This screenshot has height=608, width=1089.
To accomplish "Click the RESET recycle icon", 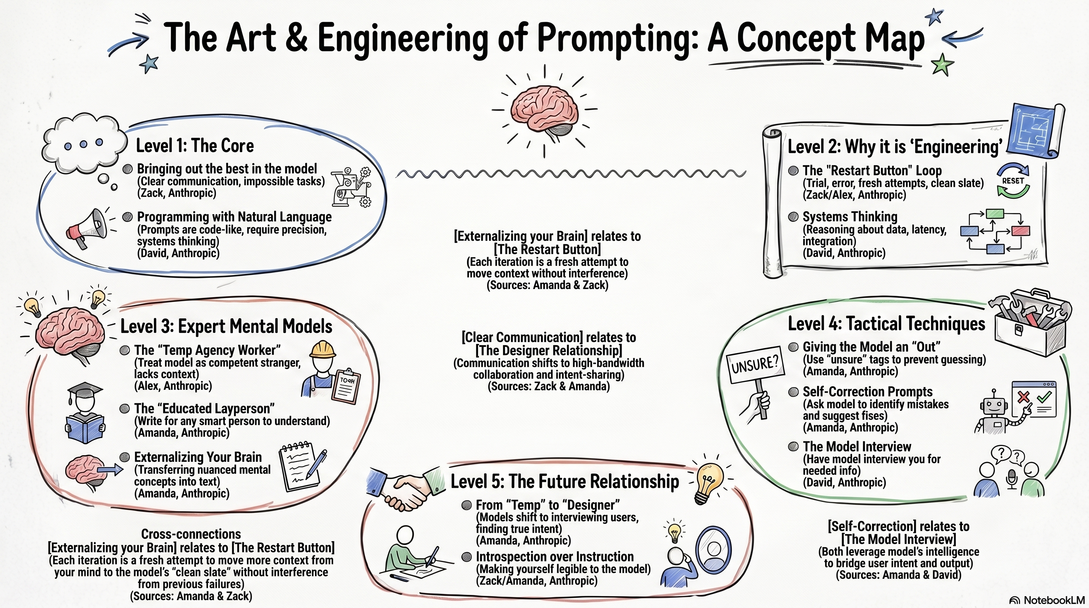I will pos(1013,180).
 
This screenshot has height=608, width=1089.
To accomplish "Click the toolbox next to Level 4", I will pos(1031,323).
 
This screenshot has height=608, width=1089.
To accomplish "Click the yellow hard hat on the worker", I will pos(322,350).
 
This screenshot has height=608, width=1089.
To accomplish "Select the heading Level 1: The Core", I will pos(194,146).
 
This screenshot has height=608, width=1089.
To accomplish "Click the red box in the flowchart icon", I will pos(1021,231).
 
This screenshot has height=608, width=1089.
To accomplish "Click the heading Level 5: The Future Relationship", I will pos(564,482).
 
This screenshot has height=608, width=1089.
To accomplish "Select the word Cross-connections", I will pos(191,534).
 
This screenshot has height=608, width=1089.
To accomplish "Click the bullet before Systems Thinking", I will pos(793,217).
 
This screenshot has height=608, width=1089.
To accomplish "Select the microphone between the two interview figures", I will pos(1011,478).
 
